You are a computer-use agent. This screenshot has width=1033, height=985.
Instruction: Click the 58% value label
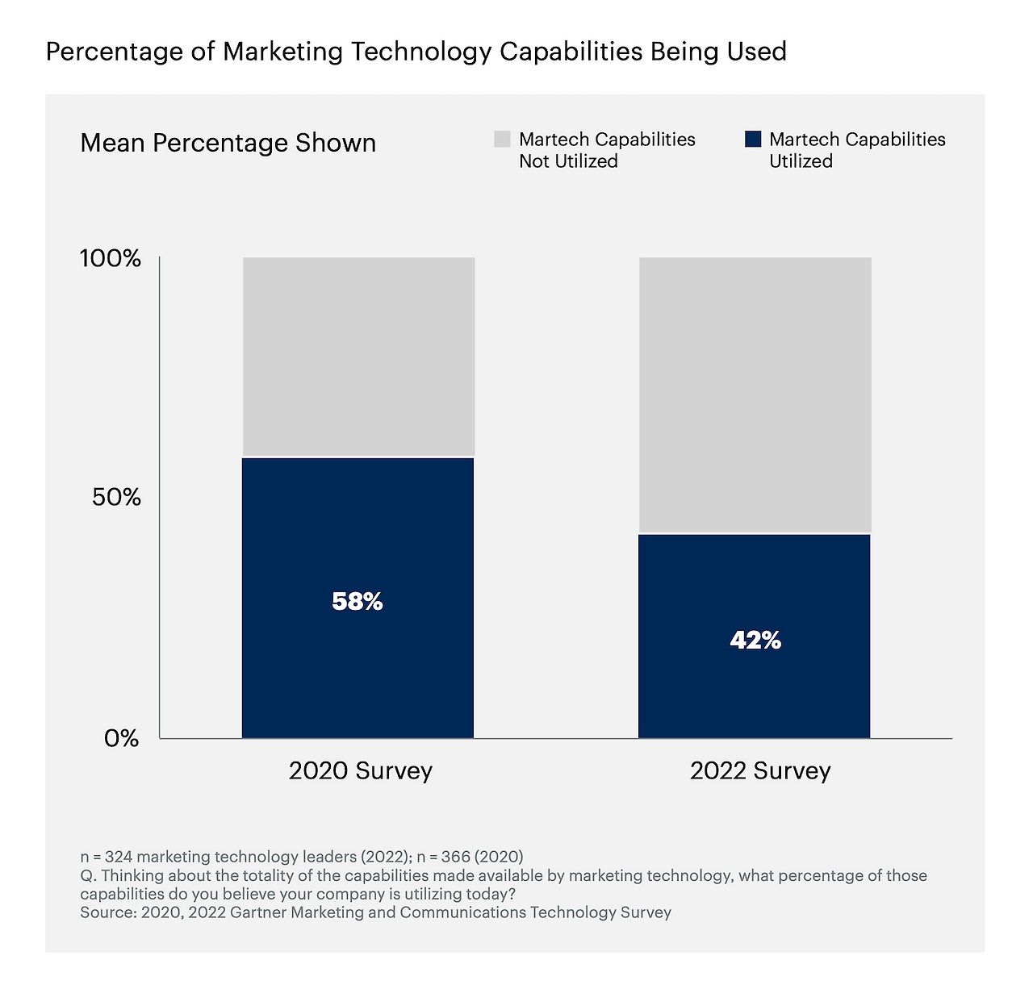[x=358, y=601]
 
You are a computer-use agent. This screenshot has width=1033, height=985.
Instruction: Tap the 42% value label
[x=755, y=641]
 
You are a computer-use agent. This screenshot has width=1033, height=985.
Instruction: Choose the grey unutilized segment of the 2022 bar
[x=755, y=395]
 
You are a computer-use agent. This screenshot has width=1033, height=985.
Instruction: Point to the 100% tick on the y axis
[x=111, y=259]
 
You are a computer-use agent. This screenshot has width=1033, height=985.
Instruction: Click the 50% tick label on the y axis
[x=116, y=497]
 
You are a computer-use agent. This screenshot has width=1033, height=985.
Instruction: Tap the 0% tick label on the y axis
[x=122, y=738]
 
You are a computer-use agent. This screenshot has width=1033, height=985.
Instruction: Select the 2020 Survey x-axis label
[x=360, y=770]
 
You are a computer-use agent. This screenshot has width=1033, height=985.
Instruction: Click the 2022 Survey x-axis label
[x=759, y=770]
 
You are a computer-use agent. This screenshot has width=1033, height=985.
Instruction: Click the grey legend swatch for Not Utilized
[x=502, y=140]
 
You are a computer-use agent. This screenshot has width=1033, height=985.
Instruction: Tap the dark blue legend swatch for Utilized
[x=752, y=140]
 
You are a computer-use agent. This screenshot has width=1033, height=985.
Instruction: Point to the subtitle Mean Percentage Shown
[x=228, y=143]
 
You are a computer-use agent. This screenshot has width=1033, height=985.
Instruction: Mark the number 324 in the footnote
[x=119, y=857]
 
